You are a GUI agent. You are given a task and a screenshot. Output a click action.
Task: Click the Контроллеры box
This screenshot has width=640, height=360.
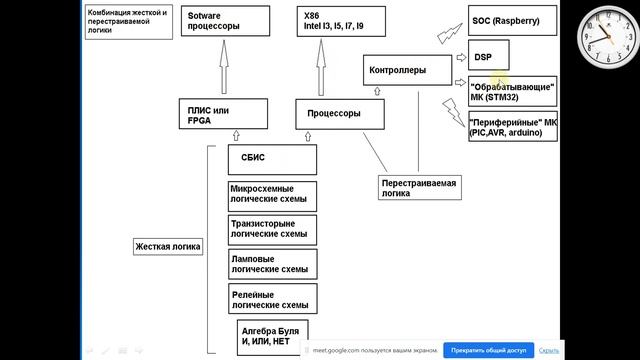tap(406, 71)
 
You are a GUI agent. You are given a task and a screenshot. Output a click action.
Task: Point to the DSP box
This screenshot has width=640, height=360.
tap(489, 55)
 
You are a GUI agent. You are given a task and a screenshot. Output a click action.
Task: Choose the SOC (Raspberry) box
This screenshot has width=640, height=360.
tap(513, 20)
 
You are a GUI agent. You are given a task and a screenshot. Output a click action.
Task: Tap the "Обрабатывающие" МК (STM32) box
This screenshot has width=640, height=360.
tap(512, 92)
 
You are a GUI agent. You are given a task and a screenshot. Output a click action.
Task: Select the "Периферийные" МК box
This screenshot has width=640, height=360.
tap(512, 127)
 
